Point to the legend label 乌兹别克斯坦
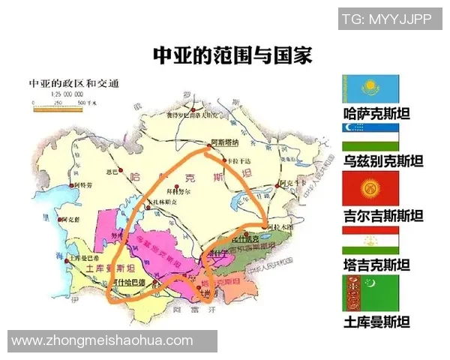pyautogui.click(x=382, y=162)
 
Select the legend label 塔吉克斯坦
pyautogui.click(x=376, y=265)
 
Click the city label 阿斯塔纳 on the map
pyautogui.click(x=223, y=142)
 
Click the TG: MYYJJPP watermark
pyautogui.click(x=386, y=19)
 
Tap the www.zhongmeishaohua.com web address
pyautogui.click(x=102, y=341)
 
